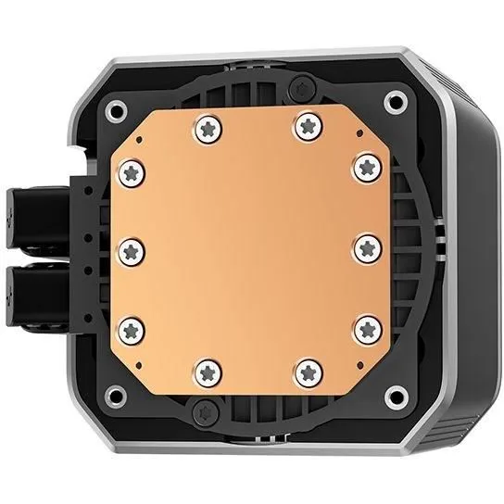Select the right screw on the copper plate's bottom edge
(306, 372)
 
